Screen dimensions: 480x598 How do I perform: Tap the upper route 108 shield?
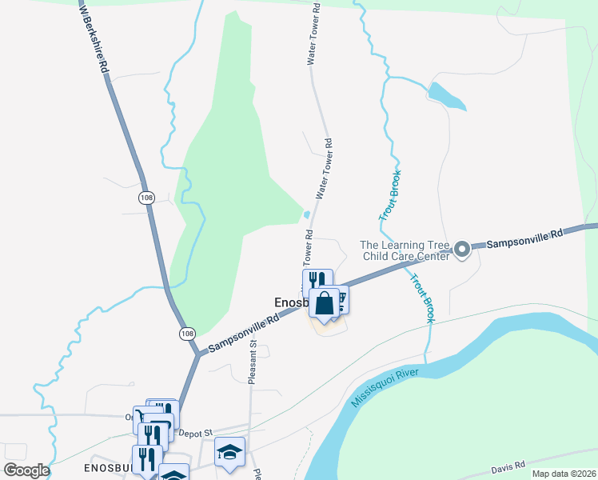pos(146,198)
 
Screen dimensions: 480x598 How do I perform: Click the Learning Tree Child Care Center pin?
pos(462,250)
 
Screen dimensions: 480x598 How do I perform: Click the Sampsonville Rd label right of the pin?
pos(525,238)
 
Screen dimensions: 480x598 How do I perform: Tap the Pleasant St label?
pos(252,362)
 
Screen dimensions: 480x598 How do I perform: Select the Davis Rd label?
pos(509,464)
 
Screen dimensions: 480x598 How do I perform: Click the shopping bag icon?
pos(324,304)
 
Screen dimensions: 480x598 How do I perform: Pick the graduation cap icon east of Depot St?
pos(229,452)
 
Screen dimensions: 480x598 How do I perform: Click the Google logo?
pos(26,470)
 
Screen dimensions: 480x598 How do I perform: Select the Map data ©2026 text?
pos(563,474)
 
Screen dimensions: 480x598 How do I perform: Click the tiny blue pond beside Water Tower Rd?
pos(307,214)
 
